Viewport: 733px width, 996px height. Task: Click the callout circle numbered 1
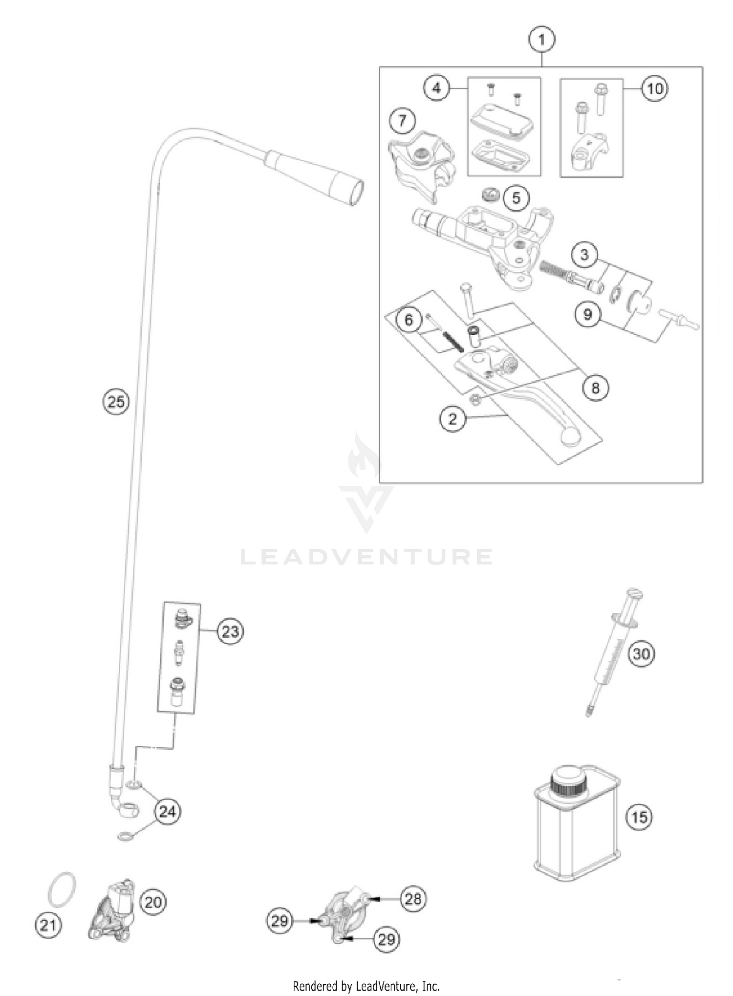pos(541,39)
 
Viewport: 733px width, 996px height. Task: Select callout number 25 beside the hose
pos(116,402)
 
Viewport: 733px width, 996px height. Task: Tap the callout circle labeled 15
pos(639,817)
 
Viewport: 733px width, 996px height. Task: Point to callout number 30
pos(641,653)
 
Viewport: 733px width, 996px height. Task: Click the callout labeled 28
pos(413,898)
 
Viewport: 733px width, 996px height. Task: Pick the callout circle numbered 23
pos(230,631)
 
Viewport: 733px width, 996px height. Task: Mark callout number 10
pos(655,88)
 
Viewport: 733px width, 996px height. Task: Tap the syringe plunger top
pos(634,594)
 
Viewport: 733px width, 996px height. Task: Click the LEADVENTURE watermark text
pos(366,557)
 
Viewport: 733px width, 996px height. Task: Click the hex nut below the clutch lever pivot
pos(474,399)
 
